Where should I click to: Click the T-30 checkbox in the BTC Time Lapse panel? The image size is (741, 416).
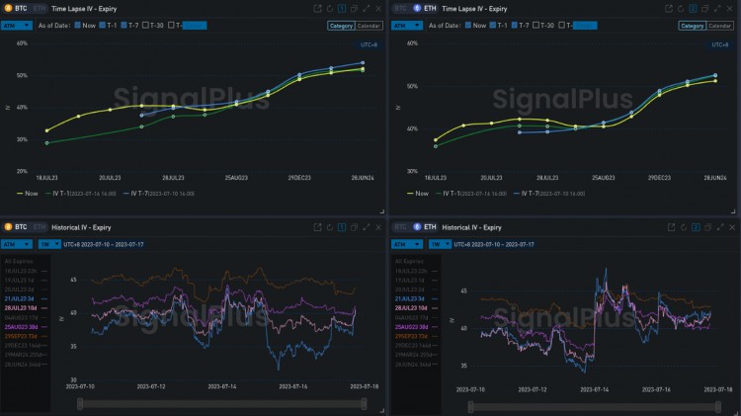click(x=145, y=25)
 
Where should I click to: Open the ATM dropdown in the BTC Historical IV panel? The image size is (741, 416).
click(x=16, y=243)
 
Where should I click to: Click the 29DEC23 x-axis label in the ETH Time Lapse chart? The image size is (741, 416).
click(x=660, y=178)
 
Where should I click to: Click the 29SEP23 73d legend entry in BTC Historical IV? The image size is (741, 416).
click(x=23, y=334)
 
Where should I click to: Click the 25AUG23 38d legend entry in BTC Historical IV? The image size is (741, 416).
click(x=23, y=325)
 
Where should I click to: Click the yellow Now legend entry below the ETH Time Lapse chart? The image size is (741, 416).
click(x=416, y=194)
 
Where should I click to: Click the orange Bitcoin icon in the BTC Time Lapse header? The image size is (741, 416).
click(x=8, y=8)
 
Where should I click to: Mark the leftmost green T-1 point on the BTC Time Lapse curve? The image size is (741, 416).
click(x=46, y=143)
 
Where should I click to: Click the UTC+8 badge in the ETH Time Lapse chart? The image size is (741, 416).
click(x=719, y=44)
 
